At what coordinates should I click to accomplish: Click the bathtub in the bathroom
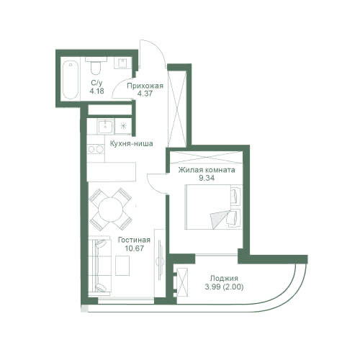[x=71, y=80]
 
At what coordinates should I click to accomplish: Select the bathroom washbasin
[x=122, y=63]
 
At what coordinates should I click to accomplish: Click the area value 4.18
[x=96, y=91]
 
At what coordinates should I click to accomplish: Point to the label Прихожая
[x=145, y=86]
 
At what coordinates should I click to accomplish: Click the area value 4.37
[x=145, y=94]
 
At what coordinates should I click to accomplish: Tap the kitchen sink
[x=105, y=127]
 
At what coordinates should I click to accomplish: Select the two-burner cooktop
[x=96, y=149]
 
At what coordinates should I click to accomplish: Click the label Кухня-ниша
[x=131, y=144]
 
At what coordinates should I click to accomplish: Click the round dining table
[x=111, y=208]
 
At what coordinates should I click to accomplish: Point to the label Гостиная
[x=134, y=240]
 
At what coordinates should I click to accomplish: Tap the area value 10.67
[x=134, y=248]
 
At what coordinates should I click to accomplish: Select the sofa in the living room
[x=100, y=266]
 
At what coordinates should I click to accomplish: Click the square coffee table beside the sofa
[x=122, y=266]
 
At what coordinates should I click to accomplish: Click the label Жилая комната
[x=207, y=170]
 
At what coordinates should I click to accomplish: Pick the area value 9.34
[x=207, y=178]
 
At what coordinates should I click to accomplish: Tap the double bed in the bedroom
[x=213, y=207]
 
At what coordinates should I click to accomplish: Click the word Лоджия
[x=224, y=278]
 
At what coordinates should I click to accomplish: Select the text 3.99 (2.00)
[x=224, y=287]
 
